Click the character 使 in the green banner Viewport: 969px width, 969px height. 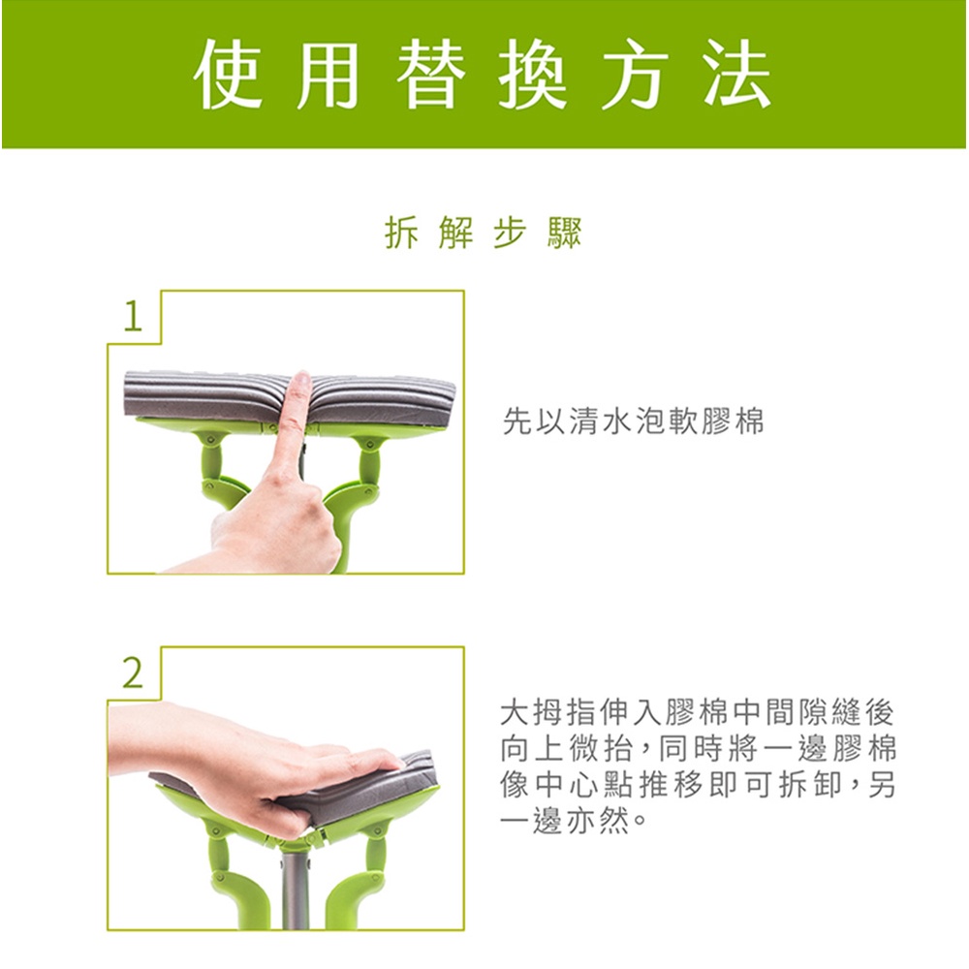pos(226,74)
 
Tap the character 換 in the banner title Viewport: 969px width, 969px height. pos(532,74)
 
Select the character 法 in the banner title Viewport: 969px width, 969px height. pos(736,74)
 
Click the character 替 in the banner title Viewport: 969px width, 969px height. pos(430,74)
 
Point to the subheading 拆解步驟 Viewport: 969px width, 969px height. pos(484,233)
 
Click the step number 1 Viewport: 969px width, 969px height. pos(133,317)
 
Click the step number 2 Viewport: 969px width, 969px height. pos(133,673)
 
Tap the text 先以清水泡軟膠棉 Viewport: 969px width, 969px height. pos(633,421)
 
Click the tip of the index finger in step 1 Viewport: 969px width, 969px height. pos(301,374)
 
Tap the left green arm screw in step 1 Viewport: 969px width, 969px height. pos(211,440)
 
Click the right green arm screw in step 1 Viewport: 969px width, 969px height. pos(369,443)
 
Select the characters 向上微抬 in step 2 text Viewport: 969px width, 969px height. pos(566,749)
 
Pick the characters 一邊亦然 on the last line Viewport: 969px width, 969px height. pos(566,822)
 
